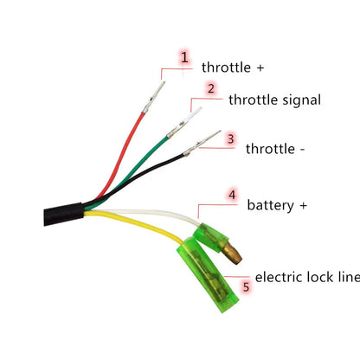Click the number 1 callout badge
pos(184,58)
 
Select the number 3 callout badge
pos(230,138)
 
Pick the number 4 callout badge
pos(232,196)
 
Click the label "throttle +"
pos(233,67)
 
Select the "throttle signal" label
pos(274,100)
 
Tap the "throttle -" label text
pos(276,148)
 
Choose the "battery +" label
pos(277,205)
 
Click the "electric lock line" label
pos(306,278)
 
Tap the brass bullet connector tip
pos(233,251)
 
